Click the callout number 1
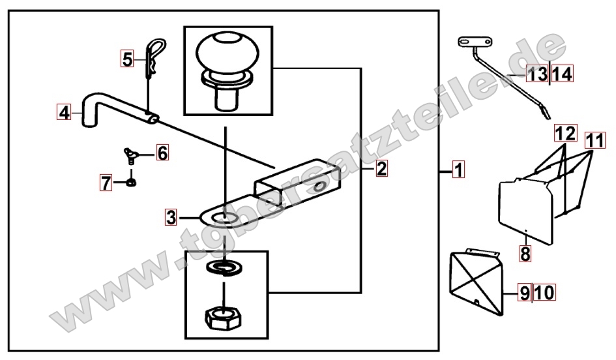tap(458, 170)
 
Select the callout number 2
tap(381, 168)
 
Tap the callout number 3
tap(171, 217)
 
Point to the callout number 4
tap(64, 112)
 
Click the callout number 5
tap(127, 59)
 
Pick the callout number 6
tap(162, 153)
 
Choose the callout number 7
tap(106, 183)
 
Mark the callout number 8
tap(525, 254)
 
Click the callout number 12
tap(566, 133)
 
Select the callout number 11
tap(594, 140)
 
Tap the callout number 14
tap(562, 74)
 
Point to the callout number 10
tap(544, 293)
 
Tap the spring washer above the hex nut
tap(224, 268)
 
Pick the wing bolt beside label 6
tap(130, 155)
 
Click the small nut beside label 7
tap(131, 182)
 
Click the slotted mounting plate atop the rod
tap(475, 42)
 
